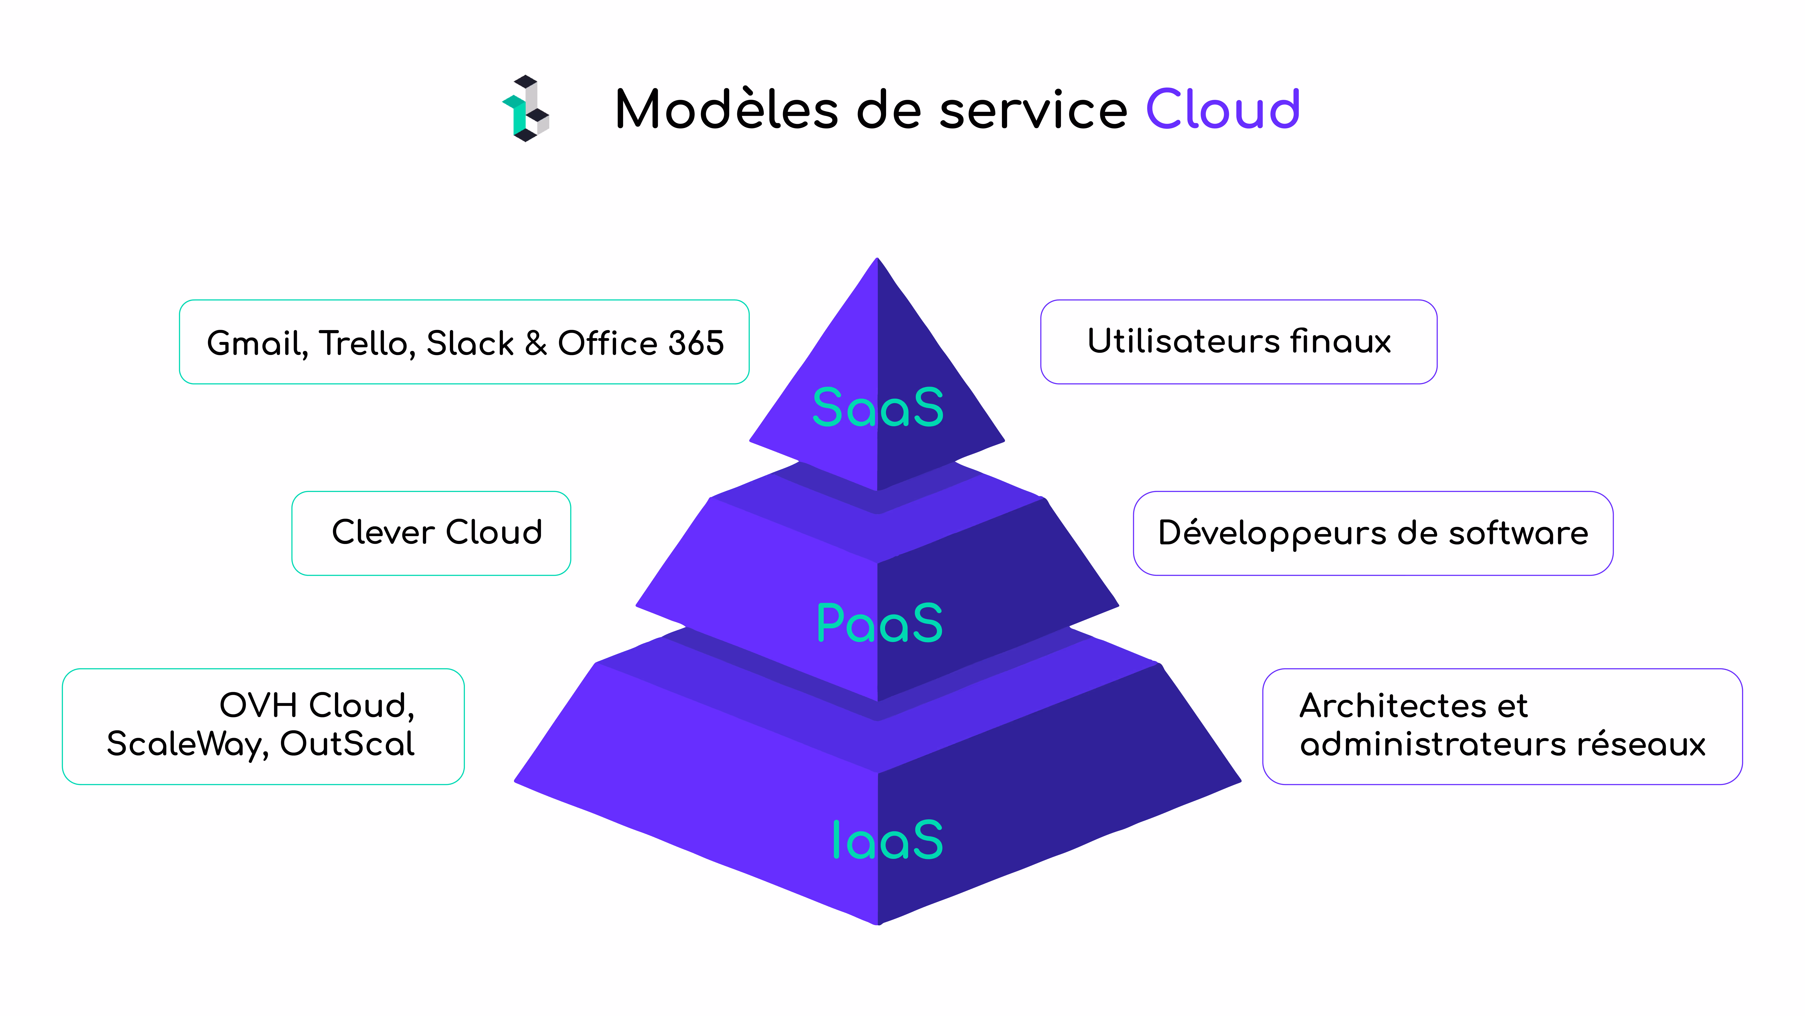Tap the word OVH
[259, 705]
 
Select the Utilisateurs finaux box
[1239, 342]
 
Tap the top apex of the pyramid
[877, 258]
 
